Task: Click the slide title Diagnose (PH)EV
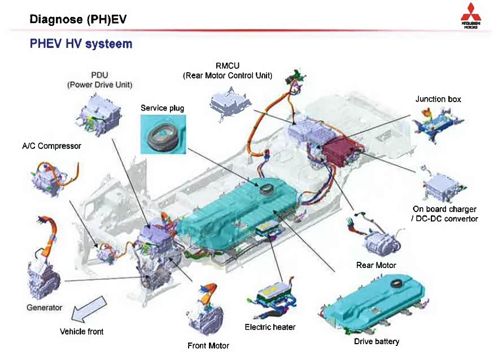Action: (78, 20)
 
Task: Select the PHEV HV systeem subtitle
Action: (81, 44)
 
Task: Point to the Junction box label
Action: (438, 99)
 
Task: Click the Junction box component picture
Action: (438, 120)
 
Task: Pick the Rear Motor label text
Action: (376, 265)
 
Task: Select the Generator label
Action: (44, 308)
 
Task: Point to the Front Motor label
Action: (208, 345)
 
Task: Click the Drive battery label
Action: (376, 341)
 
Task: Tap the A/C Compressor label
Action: (51, 146)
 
